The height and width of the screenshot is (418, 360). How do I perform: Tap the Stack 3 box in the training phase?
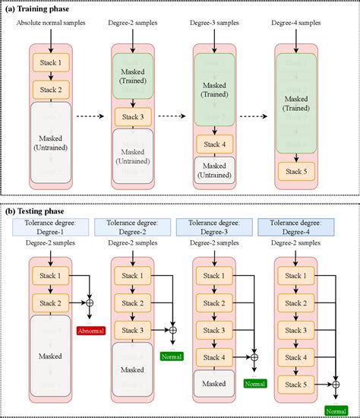pos(134,117)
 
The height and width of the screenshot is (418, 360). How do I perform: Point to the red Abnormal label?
pos(89,330)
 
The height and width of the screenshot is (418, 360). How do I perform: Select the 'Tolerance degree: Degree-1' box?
pos(51,226)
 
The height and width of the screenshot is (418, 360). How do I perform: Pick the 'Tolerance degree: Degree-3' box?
pos(213,226)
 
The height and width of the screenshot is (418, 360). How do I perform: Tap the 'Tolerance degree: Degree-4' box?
pos(295,226)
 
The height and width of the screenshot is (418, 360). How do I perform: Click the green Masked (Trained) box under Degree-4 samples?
pos(295,99)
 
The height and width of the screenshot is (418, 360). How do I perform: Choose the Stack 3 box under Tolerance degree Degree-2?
pos(134,330)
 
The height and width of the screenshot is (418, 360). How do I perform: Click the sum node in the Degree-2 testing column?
pos(172,330)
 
